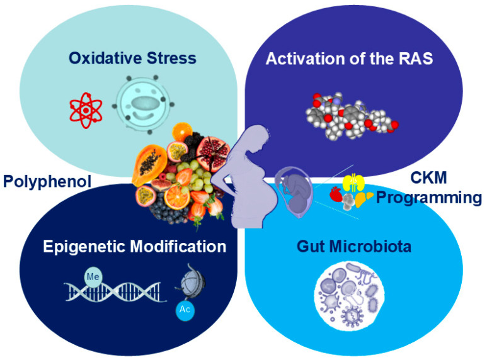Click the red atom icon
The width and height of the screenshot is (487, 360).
click(x=86, y=110)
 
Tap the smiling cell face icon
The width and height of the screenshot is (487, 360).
click(x=143, y=105)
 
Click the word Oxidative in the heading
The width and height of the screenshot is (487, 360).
click(x=105, y=58)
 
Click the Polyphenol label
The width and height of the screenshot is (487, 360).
click(x=47, y=181)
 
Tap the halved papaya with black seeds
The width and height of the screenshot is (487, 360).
click(x=149, y=164)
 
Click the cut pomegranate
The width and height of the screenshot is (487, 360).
click(x=213, y=154)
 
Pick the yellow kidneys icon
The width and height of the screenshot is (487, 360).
click(x=353, y=183)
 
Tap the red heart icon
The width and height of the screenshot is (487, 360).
click(x=335, y=194)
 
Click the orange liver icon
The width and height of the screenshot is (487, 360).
click(x=364, y=200)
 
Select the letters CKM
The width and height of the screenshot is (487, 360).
click(x=428, y=178)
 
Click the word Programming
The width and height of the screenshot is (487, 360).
click(x=429, y=198)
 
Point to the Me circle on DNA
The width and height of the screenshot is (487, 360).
click(x=93, y=276)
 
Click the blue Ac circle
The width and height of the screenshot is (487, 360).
click(x=185, y=309)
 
